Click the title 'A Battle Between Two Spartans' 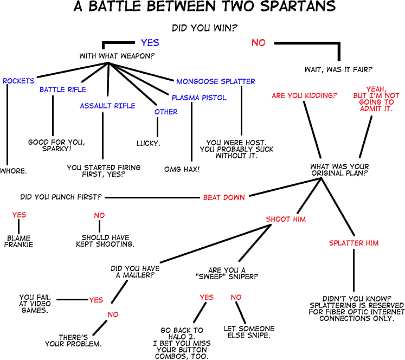pos(204,7)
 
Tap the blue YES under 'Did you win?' pos(150,42)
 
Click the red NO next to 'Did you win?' pos(259,42)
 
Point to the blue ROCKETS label pos(18,81)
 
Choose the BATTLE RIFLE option pos(62,89)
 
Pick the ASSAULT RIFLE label pos(107,106)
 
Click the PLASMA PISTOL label pos(199,98)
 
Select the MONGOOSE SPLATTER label pos(215,81)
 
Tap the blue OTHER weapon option pos(166,112)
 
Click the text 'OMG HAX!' pos(182,169)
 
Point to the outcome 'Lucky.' pos(149,144)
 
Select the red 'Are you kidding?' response pos(304,95)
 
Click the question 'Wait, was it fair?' pos(338,69)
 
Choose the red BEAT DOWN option pos(224,197)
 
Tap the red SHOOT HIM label pos(286,219)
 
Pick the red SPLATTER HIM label pos(353,243)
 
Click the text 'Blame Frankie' pos(18,241)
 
